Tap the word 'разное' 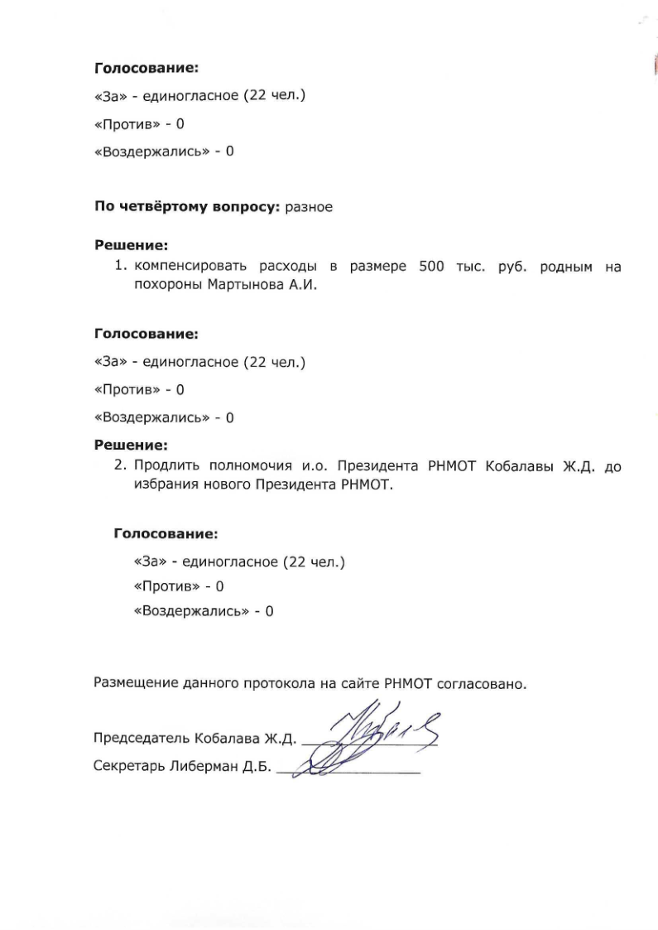309,207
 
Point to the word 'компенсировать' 189,267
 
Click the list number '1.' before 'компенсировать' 121,267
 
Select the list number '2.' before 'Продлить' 121,467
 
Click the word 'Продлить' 166,467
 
